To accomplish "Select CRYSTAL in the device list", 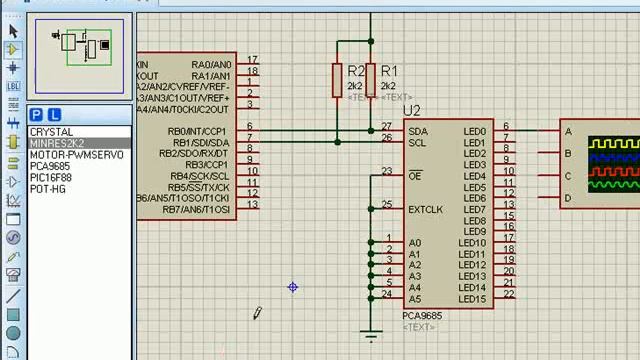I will [x=51, y=132].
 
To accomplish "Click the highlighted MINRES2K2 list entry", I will [x=57, y=144].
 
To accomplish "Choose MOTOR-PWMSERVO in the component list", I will [x=76, y=155].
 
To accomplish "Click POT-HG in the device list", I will [x=48, y=189].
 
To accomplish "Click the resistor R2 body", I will [x=337, y=81].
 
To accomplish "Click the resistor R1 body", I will [x=371, y=81].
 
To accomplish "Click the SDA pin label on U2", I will [x=418, y=132].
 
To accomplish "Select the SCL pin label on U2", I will [x=418, y=143].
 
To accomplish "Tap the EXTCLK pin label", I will [x=425, y=209].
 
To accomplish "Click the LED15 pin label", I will [x=472, y=299].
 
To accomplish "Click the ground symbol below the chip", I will [x=371, y=336].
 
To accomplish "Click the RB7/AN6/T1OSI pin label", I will [x=197, y=209].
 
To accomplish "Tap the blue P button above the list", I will [x=37, y=115].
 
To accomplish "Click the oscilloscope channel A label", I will [x=568, y=132].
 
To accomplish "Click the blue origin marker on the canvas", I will [x=293, y=287].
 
